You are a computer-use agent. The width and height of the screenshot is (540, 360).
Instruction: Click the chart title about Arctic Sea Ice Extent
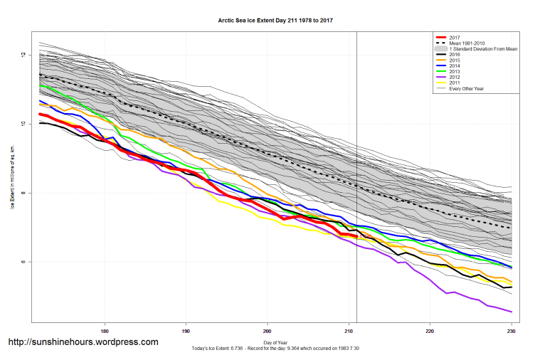(x=276, y=21)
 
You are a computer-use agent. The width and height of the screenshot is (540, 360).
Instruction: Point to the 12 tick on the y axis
(x=23, y=55)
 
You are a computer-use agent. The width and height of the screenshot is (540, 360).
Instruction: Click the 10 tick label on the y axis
(x=23, y=124)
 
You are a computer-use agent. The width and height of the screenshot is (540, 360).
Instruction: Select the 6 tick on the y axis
(x=23, y=262)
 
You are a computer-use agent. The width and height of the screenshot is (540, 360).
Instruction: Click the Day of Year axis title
(x=276, y=343)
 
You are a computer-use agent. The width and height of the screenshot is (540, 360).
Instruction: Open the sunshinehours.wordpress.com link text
(x=83, y=342)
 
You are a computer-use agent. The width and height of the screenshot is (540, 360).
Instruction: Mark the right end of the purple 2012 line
(x=512, y=312)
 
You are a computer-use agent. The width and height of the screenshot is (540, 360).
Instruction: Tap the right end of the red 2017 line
(x=355, y=235)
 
